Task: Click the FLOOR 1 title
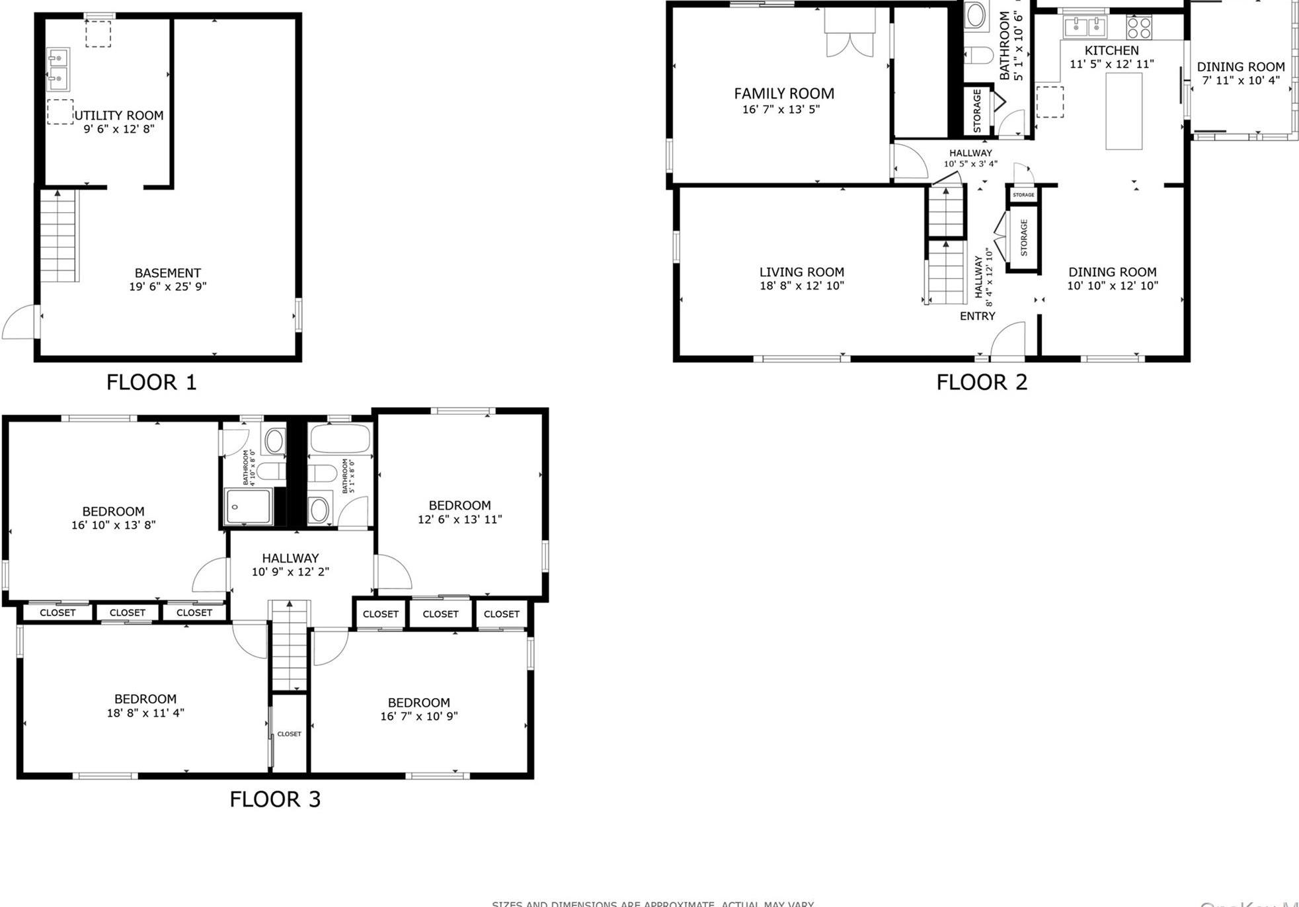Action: [x=151, y=382]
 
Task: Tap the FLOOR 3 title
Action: [x=275, y=799]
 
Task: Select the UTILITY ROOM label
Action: [x=119, y=115]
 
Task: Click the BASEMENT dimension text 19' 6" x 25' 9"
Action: [x=168, y=286]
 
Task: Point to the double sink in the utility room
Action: [x=58, y=69]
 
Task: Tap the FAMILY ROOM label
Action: [x=784, y=94]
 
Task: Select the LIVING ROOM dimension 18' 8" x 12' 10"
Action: [x=801, y=286]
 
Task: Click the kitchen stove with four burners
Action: [x=1139, y=27]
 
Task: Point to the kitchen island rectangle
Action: [x=1124, y=110]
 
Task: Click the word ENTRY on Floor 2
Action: [x=977, y=316]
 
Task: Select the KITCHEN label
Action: [x=1111, y=50]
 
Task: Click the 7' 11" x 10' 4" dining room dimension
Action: [x=1240, y=81]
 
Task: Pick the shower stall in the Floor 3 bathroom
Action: [x=248, y=506]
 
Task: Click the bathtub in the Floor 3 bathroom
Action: [x=340, y=437]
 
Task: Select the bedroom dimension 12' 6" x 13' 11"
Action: [x=459, y=520]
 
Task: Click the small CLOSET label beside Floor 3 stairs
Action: [x=289, y=734]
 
